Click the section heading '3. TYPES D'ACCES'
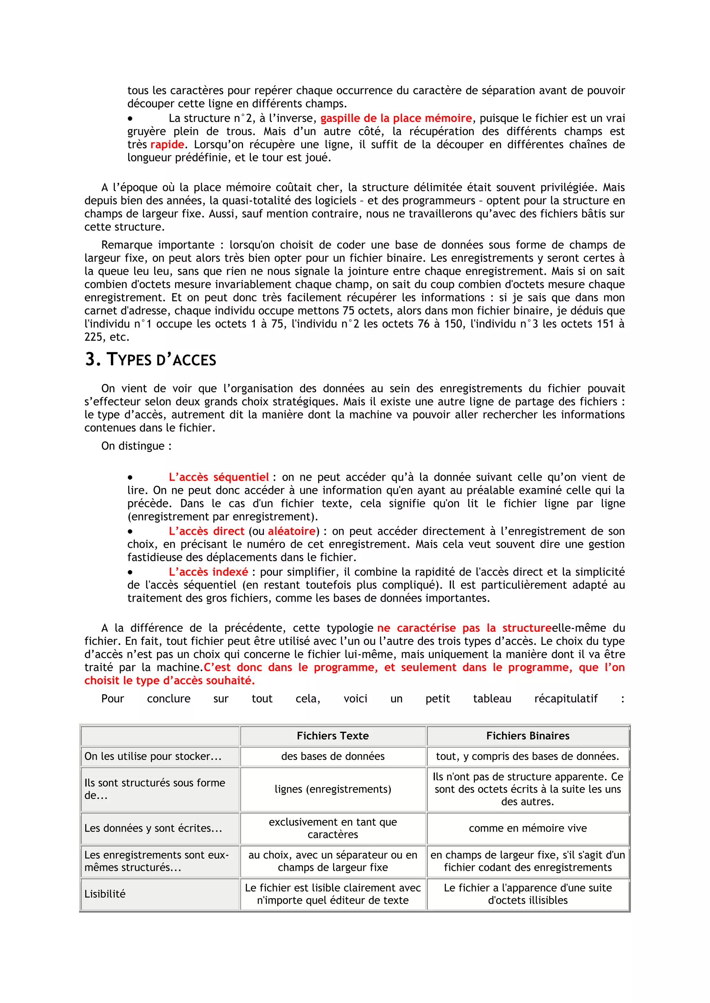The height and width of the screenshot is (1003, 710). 150,360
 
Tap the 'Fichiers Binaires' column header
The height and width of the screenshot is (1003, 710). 528,736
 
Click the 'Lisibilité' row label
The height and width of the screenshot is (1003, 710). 105,894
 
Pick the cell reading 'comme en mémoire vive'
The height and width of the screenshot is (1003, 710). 528,828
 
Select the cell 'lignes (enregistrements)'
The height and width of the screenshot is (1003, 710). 333,789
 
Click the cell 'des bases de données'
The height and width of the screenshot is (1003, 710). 333,756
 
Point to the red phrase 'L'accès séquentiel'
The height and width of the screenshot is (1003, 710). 219,477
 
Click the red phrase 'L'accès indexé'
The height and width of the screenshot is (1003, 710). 208,572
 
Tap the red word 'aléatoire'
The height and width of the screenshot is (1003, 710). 292,531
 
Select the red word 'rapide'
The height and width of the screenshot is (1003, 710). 167,144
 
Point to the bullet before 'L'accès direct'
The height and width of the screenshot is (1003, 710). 130,532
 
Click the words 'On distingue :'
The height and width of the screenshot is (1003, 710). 136,446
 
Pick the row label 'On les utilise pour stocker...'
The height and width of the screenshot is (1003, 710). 153,756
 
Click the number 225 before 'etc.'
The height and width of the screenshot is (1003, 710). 94,337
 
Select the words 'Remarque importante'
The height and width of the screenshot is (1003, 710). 158,245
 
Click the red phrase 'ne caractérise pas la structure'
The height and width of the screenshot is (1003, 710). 464,628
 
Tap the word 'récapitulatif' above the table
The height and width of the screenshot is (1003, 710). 566,699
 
